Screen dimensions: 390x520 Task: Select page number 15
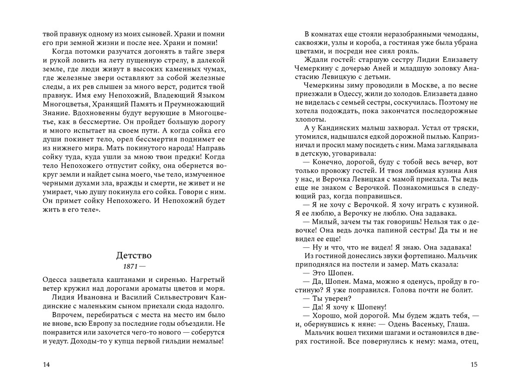pyautogui.click(x=473, y=364)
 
